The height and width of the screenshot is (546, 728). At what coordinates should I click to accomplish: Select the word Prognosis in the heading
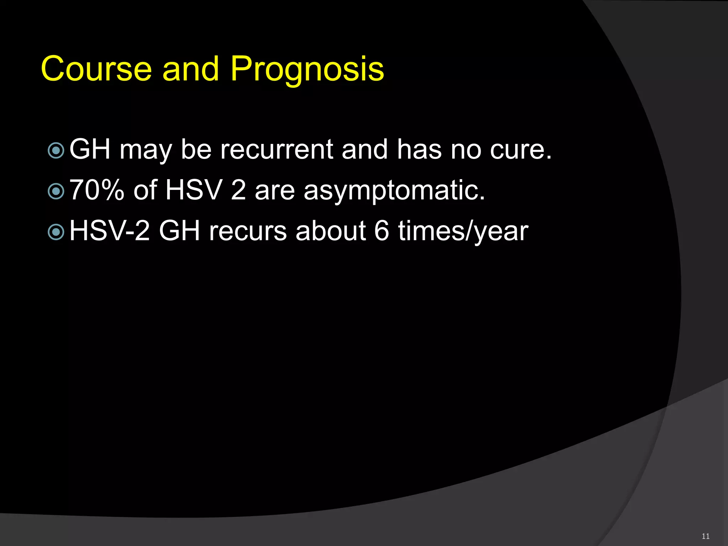click(307, 69)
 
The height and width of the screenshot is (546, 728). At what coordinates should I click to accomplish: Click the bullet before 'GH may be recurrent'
click(56, 151)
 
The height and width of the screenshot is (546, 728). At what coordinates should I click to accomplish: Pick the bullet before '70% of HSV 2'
click(56, 192)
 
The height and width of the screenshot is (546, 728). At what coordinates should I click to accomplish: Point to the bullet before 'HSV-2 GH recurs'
click(56, 232)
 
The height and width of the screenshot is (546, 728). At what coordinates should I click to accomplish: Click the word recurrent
click(277, 149)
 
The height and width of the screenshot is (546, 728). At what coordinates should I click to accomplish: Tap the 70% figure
click(97, 190)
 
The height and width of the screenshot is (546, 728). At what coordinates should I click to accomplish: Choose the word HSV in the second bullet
click(194, 190)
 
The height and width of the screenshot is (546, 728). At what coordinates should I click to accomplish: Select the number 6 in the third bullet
click(381, 231)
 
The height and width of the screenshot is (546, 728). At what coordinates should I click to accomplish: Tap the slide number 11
click(706, 536)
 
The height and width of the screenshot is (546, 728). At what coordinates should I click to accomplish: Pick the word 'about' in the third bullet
click(330, 231)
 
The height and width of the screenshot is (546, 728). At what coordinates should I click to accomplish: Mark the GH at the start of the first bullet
click(90, 149)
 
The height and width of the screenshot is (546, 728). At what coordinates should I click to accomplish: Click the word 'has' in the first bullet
click(419, 149)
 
